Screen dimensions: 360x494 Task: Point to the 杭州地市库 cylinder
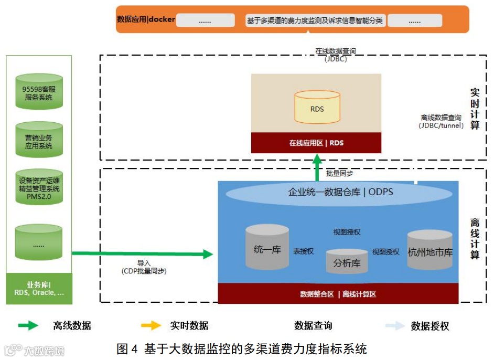pyautogui.click(x=429, y=251)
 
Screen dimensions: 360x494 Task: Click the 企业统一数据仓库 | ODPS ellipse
pyautogui.click(x=340, y=193)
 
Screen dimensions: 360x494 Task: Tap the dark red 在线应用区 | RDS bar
pyautogui.click(x=316, y=143)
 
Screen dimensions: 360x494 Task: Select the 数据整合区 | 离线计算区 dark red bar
pyautogui.click(x=338, y=294)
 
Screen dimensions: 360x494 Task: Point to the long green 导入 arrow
pyautogui.click(x=142, y=254)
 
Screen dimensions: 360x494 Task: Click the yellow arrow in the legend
pyautogui.click(x=151, y=326)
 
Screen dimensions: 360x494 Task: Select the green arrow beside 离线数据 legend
pyautogui.click(x=28, y=326)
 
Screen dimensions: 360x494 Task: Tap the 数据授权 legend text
pyautogui.click(x=430, y=326)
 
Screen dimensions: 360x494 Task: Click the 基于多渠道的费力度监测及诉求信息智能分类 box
pyautogui.click(x=315, y=21)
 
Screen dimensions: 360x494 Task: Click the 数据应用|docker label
pyautogui.click(x=146, y=19)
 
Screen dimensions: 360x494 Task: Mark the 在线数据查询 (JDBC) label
pyautogui.click(x=336, y=55)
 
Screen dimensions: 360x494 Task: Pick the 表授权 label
pyautogui.click(x=304, y=251)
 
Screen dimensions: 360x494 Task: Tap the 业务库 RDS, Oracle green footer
pyautogui.click(x=39, y=289)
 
